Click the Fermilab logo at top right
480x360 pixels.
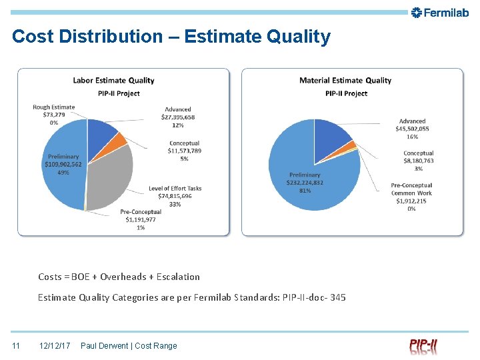441,12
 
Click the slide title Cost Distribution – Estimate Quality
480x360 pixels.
171,37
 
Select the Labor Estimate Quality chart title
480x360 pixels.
113,81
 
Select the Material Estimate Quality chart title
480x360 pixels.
345,81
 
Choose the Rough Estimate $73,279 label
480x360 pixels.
54,115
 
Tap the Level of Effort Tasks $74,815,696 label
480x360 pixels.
175,196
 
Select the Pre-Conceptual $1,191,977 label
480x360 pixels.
141,220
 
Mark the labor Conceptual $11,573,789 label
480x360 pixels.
184,151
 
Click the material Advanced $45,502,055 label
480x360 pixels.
414,129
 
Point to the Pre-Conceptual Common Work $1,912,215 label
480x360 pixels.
411,197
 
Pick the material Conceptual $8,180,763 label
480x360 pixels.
418,161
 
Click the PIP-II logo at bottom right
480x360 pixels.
423,346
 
